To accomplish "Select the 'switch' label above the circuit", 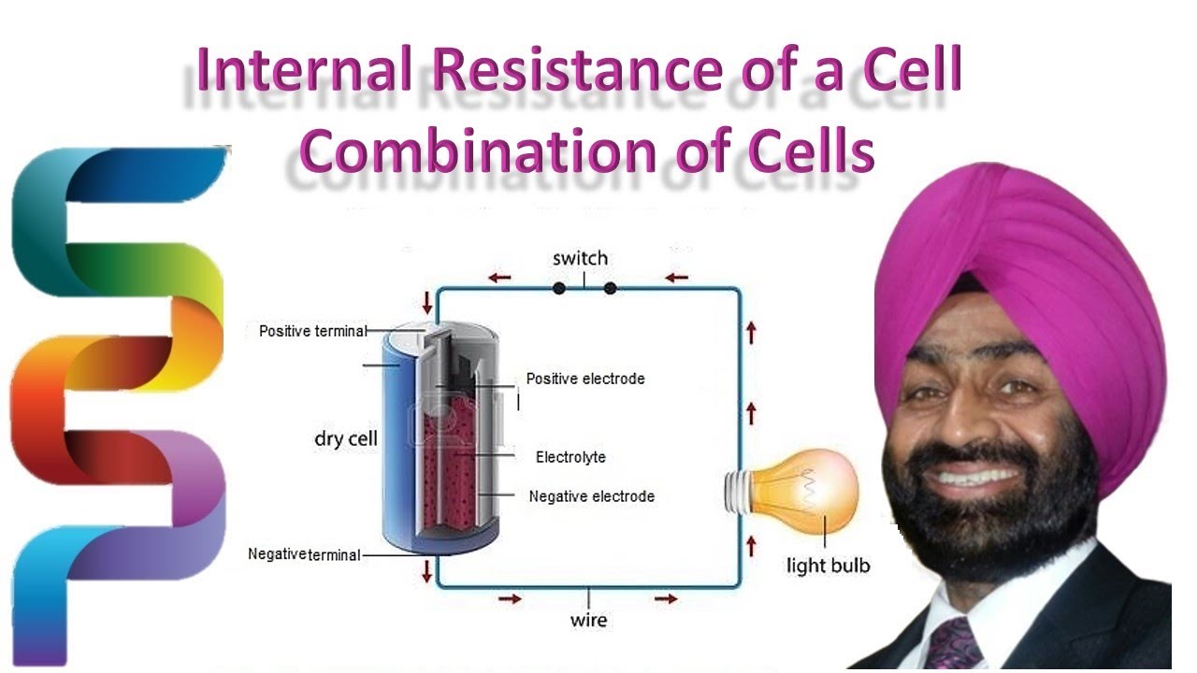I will [x=580, y=258].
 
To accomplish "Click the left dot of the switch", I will [x=558, y=288].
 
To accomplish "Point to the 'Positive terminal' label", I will [x=312, y=331].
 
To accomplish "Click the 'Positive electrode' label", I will [x=585, y=379].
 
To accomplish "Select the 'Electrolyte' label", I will [x=570, y=457].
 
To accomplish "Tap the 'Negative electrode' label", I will [x=591, y=496].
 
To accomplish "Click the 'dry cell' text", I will [x=346, y=438].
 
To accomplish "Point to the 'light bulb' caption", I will [x=828, y=565].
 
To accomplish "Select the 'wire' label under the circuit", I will [x=588, y=620].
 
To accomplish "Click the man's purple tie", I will [x=955, y=644].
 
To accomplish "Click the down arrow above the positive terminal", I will [x=428, y=303].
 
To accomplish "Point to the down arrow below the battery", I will [x=428, y=570].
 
